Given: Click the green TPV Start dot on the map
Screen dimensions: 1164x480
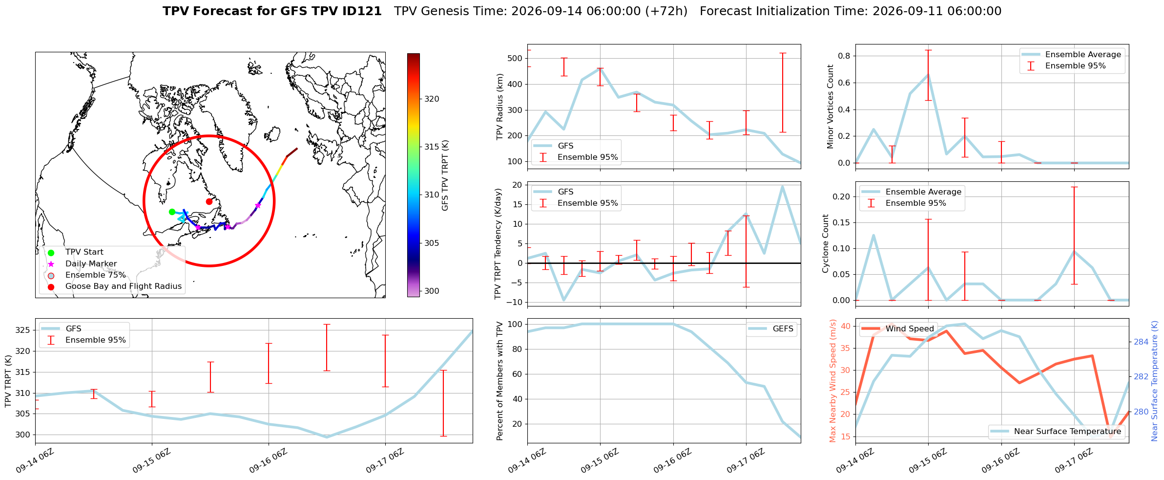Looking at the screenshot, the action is (172, 212).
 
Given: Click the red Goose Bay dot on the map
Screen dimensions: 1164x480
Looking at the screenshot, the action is (209, 201).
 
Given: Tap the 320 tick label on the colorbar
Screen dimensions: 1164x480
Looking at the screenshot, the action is (432, 99).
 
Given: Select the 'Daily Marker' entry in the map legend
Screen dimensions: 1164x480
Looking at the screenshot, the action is (91, 263).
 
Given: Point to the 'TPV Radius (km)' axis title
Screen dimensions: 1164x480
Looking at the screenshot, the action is (499, 107).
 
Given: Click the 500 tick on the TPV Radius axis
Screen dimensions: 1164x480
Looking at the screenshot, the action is (515, 58).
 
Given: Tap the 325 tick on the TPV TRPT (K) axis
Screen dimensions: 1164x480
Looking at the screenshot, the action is (23, 330).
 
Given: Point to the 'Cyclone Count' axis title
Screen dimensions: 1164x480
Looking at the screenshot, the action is (826, 243).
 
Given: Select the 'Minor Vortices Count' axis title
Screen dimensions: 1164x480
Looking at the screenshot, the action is (831, 106).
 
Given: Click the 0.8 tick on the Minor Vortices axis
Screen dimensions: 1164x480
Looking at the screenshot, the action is (844, 56).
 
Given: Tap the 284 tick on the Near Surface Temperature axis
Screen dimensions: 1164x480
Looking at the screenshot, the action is (1141, 342).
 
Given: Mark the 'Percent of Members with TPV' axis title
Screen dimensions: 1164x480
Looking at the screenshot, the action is (499, 381).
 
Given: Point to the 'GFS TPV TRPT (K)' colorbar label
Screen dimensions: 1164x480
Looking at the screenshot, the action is (445, 175).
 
